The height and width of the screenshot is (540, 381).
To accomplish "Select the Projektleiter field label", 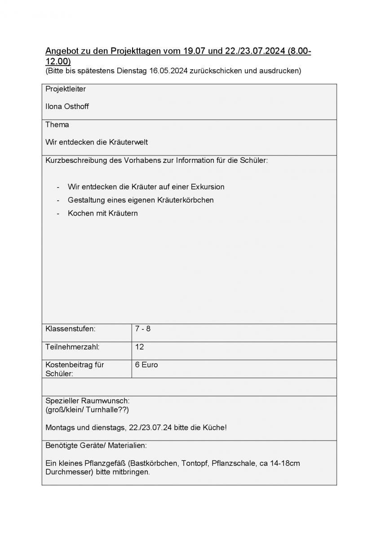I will pos(65,89).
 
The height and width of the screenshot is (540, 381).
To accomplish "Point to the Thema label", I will pos(57,125).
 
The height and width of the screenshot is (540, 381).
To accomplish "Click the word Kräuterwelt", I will pos(128,142).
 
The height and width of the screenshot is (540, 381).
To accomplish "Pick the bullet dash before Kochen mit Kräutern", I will pos(58,213).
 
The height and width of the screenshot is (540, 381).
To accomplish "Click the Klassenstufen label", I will pos(70,329).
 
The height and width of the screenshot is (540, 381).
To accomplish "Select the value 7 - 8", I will pos(142,329).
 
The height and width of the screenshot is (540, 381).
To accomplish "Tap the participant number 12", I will pos(139,347).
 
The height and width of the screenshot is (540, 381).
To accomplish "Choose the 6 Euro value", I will pos(146,365).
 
